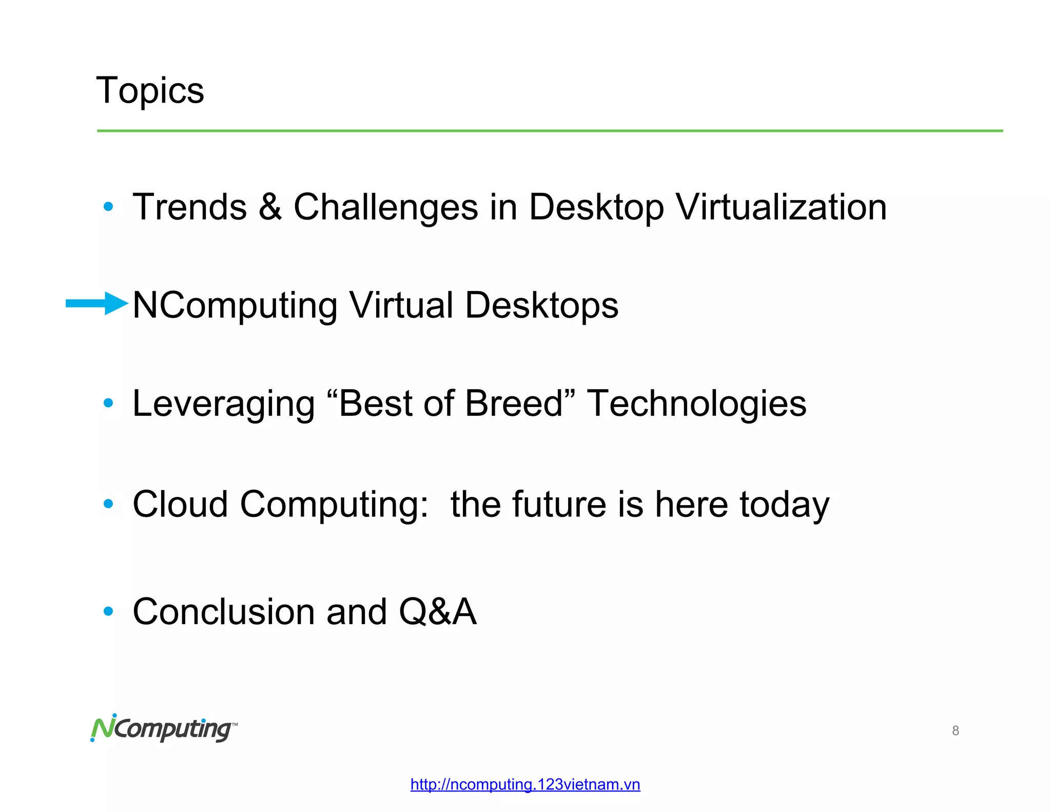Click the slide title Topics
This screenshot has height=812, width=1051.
(150, 91)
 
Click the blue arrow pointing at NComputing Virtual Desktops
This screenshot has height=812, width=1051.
(96, 303)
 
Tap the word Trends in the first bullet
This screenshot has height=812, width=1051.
(190, 207)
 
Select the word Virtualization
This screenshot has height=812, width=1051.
(781, 207)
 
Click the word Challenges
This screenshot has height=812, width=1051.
(385, 208)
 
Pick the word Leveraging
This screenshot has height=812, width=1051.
(223, 404)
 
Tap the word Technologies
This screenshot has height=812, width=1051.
(696, 404)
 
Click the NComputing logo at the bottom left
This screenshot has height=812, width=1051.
(164, 728)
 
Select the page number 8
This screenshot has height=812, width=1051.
(955, 730)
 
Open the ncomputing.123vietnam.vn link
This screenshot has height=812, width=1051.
(525, 784)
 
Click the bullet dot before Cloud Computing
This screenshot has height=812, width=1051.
(108, 504)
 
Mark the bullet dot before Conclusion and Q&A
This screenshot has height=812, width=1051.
(108, 611)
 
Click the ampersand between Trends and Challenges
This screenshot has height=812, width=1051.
(270, 207)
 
